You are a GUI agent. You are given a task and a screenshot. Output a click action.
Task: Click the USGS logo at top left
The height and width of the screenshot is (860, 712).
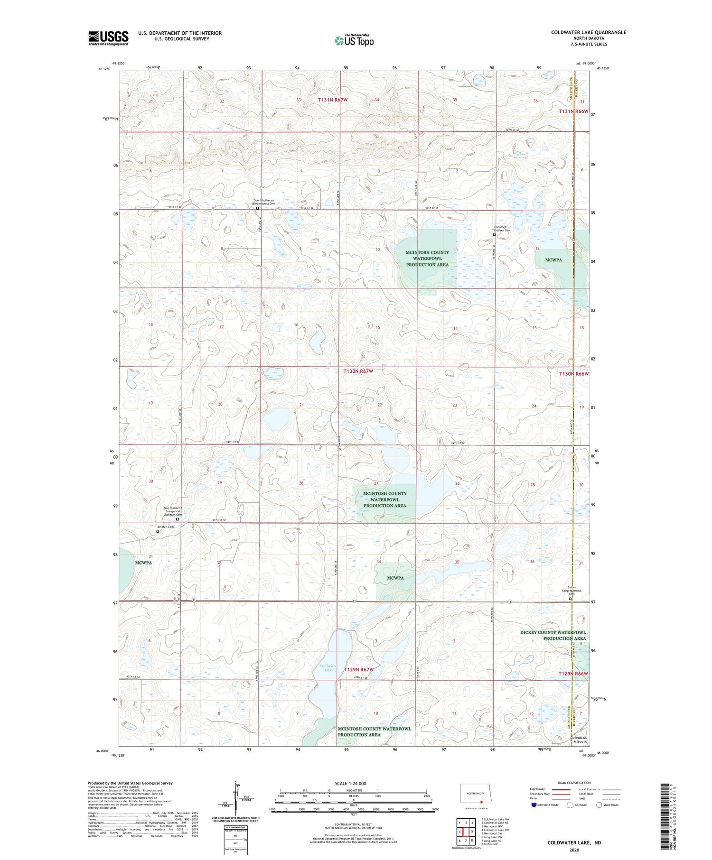click(108, 38)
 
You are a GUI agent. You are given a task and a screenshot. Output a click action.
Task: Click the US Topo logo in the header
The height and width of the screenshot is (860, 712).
click(354, 41)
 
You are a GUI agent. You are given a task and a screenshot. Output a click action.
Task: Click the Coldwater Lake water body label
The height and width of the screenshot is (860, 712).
click(326, 668)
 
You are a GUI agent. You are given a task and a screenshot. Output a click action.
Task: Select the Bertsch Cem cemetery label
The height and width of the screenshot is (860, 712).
click(166, 527)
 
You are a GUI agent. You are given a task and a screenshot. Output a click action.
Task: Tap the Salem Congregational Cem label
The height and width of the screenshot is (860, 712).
click(571, 591)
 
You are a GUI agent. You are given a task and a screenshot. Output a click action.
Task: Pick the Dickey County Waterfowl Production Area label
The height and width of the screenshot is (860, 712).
click(553, 635)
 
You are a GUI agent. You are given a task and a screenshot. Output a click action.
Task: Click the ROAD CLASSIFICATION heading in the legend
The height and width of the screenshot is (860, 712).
click(574, 783)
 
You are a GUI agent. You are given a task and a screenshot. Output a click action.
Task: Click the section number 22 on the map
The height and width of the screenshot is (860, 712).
click(379, 405)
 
